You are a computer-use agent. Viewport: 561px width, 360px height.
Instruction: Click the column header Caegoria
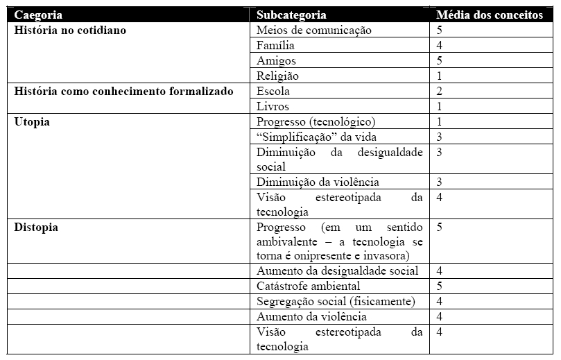click(39, 15)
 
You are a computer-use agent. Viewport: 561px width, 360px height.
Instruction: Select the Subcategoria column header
click(291, 15)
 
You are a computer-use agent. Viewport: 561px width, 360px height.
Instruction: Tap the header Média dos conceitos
click(490, 15)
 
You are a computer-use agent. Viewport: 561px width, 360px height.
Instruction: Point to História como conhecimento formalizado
click(124, 91)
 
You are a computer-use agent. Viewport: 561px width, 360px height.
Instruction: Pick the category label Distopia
click(36, 228)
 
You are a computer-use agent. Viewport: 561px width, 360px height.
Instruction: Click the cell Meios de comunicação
click(314, 31)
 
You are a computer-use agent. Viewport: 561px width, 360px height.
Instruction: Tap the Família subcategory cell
click(275, 46)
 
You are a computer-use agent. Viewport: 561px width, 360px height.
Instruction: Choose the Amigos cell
click(276, 61)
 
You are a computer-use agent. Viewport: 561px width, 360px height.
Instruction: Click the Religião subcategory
click(277, 76)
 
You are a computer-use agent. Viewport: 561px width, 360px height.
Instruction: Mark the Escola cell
click(273, 91)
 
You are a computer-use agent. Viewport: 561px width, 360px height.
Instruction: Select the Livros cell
click(273, 106)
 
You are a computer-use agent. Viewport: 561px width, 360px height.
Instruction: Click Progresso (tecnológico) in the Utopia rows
click(316, 121)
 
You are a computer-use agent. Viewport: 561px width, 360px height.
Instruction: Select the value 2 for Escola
click(440, 91)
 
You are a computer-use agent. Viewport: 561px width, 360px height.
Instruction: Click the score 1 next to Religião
click(440, 76)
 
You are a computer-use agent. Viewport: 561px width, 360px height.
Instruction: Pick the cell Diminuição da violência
click(318, 182)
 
